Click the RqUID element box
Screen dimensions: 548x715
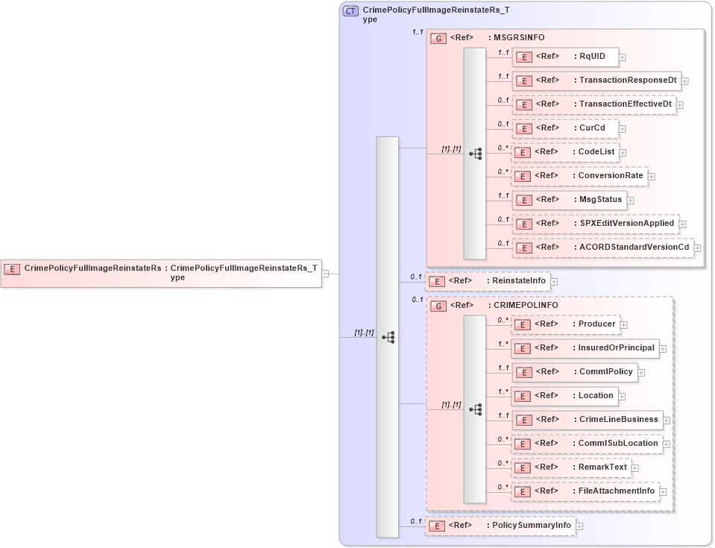coord(564,57)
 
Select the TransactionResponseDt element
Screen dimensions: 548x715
coord(596,81)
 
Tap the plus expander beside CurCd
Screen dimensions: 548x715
coord(623,129)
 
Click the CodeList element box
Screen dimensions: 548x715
coord(564,152)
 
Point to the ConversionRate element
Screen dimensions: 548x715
coord(579,176)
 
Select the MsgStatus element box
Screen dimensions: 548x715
coord(568,200)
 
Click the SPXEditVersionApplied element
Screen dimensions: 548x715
coord(594,224)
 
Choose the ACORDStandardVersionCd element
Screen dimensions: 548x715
coord(602,248)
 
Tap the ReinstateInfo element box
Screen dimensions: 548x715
coord(488,281)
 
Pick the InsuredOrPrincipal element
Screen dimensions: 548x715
coord(585,348)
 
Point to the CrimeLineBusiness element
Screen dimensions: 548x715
coord(588,420)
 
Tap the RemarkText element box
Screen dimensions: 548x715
coord(571,467)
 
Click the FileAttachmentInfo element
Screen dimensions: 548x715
coord(585,491)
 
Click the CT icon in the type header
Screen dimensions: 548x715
coord(350,11)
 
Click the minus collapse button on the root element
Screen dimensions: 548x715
coord(325,274)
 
